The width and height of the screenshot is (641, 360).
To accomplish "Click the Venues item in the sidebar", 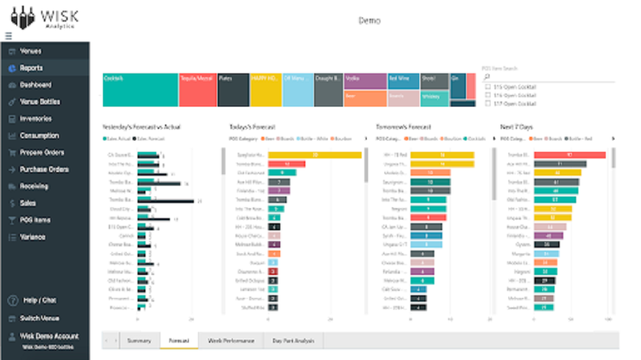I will [30, 51].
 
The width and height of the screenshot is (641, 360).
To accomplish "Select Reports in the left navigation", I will [31, 68].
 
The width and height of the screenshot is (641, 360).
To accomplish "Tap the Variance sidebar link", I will [32, 237].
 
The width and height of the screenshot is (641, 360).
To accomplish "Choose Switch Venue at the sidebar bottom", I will [40, 318].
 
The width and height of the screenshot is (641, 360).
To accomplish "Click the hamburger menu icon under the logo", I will [9, 35].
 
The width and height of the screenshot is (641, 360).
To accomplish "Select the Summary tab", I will [139, 340].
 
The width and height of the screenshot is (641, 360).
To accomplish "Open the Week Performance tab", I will [230, 340].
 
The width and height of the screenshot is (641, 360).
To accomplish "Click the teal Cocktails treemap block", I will [140, 89].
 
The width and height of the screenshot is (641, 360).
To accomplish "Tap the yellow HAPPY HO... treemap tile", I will [265, 89].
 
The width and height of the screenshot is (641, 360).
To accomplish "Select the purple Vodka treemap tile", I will [364, 80].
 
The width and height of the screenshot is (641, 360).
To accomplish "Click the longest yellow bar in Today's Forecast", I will [315, 154].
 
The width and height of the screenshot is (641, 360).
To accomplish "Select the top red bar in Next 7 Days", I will [569, 154].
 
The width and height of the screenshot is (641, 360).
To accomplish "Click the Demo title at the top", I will [369, 20].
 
